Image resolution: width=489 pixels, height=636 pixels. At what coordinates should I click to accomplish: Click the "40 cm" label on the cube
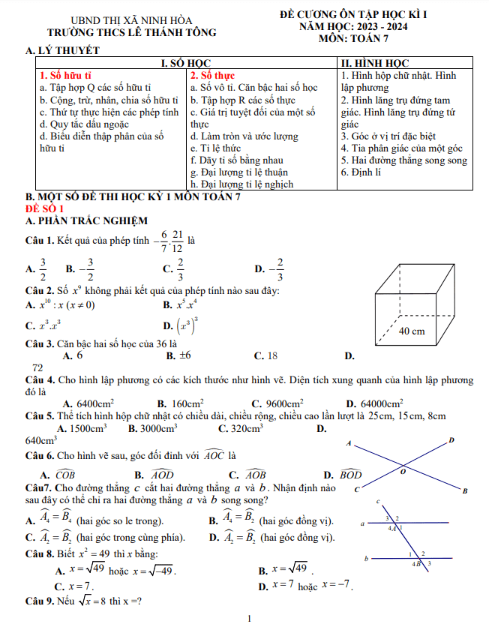[x=412, y=331]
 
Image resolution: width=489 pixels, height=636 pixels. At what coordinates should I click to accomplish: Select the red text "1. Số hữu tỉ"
[x=65, y=76]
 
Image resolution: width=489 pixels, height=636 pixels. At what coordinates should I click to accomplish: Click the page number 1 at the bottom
[x=248, y=619]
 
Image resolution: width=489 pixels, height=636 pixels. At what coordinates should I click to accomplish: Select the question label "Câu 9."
[x=40, y=602]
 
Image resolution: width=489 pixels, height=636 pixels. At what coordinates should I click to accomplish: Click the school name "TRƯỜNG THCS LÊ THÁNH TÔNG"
[x=131, y=33]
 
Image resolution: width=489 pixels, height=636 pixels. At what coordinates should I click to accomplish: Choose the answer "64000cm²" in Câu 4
[x=381, y=403]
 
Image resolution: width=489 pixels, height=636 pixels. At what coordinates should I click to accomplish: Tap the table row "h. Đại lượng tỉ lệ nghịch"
[x=241, y=184]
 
